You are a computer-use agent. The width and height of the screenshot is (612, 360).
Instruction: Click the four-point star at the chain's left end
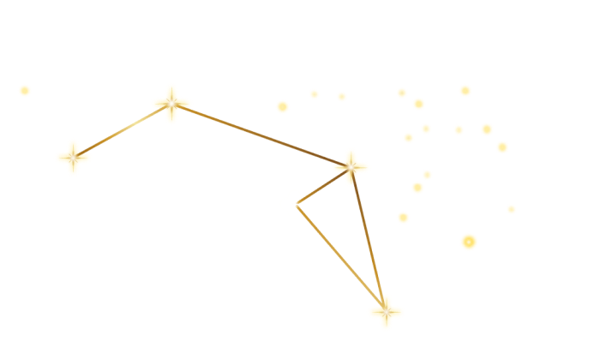pyautogui.click(x=73, y=157)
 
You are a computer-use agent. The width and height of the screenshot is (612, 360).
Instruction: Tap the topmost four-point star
pyautogui.click(x=171, y=103)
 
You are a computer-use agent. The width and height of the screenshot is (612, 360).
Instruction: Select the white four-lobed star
pyautogui.click(x=294, y=204)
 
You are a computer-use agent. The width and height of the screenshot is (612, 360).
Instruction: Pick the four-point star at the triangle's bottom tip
pyautogui.click(x=386, y=312)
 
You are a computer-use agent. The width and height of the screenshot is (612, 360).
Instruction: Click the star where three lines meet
pyautogui.click(x=351, y=166)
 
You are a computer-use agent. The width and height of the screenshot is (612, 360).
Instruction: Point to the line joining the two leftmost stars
pyautogui.click(x=122, y=130)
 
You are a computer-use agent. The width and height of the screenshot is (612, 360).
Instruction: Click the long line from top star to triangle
pyautogui.click(x=261, y=135)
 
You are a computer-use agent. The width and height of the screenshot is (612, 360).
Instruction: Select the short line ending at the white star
pyautogui.click(x=322, y=185)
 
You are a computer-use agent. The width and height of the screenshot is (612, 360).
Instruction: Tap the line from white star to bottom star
pyautogui.click(x=339, y=257)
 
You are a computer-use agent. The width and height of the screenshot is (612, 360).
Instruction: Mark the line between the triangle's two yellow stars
pyautogui.click(x=369, y=239)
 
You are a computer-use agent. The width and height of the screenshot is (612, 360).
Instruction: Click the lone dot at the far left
pyautogui.click(x=25, y=90)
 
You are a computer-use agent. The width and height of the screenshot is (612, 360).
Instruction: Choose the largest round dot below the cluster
pyautogui.click(x=469, y=242)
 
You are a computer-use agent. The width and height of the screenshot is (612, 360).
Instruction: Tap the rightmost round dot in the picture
pyautogui.click(x=512, y=209)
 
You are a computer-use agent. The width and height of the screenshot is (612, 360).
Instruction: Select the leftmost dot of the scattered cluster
pyautogui.click(x=282, y=106)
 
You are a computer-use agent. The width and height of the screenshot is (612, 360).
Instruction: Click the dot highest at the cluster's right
pyautogui.click(x=465, y=90)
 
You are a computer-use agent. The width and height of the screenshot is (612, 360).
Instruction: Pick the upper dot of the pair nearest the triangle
pyautogui.click(x=427, y=175)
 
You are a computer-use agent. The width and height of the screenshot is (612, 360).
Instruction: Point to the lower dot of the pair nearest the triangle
pyautogui.click(x=417, y=188)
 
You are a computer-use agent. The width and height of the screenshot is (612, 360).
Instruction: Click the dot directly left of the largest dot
pyautogui.click(x=403, y=218)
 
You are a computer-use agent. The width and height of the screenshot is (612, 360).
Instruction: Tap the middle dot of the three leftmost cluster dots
pyautogui.click(x=315, y=94)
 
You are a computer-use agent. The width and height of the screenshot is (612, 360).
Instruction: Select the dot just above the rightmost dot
pyautogui.click(x=502, y=147)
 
